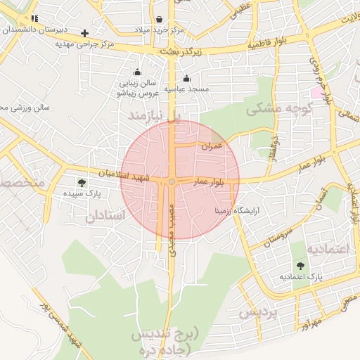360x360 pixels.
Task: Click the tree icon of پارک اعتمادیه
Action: pyautogui.click(x=301, y=266)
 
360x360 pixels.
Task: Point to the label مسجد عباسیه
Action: pyautogui.click(x=186, y=89)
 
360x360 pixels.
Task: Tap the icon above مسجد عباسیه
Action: pyautogui.click(x=186, y=79)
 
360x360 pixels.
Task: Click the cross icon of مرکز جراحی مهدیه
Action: pyautogui.click(x=85, y=33)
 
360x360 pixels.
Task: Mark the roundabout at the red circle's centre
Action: pyautogui.click(x=172, y=182)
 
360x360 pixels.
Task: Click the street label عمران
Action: pyautogui.click(x=212, y=146)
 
